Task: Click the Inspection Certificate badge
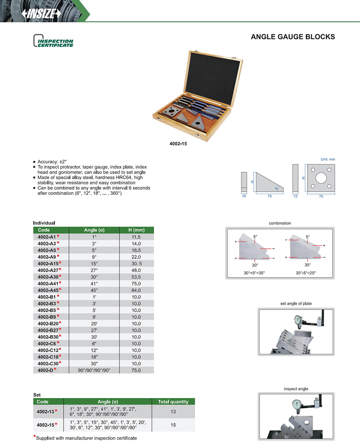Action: [54, 41]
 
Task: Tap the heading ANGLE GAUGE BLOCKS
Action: [293, 37]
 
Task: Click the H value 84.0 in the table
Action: [136, 290]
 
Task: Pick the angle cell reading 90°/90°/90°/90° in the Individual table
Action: [94, 370]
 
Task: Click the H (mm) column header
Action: [136, 230]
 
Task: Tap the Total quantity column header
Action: [173, 402]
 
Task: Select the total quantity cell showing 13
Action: [173, 411]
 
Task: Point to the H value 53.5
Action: [136, 277]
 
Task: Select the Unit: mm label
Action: [328, 159]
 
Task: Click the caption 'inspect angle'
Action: [296, 389]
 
